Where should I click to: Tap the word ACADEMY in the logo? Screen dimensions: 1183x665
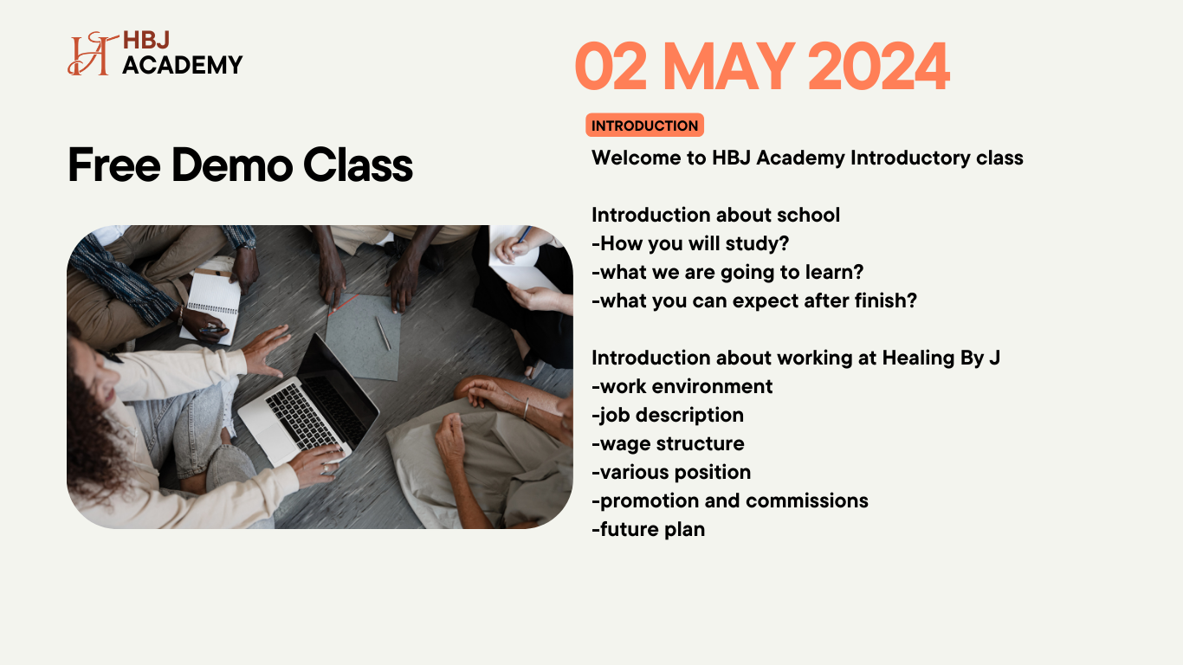click(x=183, y=65)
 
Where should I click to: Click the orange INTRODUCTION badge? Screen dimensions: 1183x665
click(x=644, y=126)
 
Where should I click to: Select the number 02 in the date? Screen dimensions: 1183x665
click(x=611, y=67)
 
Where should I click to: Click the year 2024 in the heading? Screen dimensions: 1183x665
click(x=879, y=67)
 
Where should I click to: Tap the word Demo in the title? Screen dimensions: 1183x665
click(x=232, y=165)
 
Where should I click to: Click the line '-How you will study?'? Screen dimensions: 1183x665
click(x=690, y=243)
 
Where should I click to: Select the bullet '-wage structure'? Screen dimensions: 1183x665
click(x=668, y=443)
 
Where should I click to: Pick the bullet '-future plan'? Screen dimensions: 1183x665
click(x=648, y=529)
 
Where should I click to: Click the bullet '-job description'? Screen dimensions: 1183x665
click(x=668, y=415)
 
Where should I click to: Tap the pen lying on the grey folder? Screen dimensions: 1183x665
click(x=384, y=333)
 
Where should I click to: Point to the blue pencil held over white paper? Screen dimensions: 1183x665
click(x=524, y=234)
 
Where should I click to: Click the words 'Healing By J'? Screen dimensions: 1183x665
click(x=941, y=358)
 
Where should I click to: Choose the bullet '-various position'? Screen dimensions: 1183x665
click(x=671, y=472)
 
